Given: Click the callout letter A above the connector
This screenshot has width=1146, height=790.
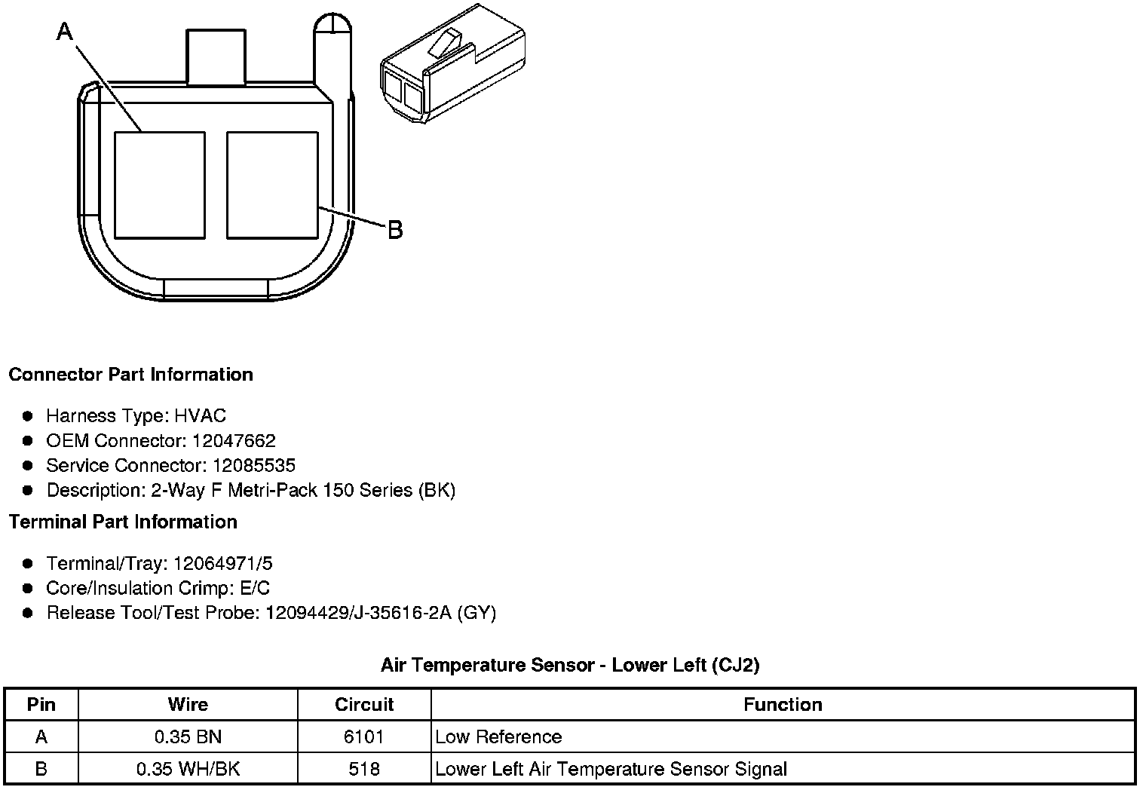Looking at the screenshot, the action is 65,32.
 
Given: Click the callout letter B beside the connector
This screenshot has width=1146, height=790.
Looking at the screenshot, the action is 395,230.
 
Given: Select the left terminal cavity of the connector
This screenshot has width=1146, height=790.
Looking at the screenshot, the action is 160,185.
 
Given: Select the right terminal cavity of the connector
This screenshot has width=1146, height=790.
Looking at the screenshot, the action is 272,185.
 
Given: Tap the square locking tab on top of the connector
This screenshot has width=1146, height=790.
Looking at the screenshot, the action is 216,57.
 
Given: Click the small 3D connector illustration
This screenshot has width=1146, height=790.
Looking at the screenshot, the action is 452,63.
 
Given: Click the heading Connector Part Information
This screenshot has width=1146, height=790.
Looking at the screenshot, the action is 131,375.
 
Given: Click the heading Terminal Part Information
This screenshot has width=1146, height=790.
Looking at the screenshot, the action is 124,522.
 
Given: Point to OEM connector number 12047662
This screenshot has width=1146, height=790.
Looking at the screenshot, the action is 234,440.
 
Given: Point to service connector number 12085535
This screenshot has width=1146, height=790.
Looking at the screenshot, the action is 254,465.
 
